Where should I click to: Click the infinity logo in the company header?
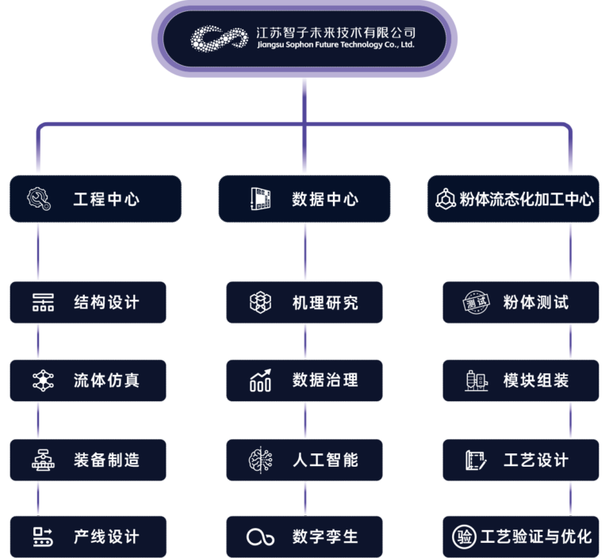tap(221, 38)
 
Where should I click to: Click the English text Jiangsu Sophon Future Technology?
tap(336, 45)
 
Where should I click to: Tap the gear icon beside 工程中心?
tap(39, 198)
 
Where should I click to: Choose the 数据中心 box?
tap(304, 198)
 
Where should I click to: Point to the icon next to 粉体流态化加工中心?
tap(445, 199)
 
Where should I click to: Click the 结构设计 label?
tap(106, 303)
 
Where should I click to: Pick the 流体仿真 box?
tap(88, 380)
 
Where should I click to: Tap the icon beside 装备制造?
tap(43, 459)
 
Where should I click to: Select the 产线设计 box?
tap(88, 537)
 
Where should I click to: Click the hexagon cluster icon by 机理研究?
tap(260, 303)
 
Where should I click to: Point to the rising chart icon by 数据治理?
tap(261, 380)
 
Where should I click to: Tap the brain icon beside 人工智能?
tap(260, 459)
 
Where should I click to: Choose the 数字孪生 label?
tap(325, 537)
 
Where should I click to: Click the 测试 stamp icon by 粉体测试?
tap(477, 303)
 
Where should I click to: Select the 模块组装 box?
tap(521, 380)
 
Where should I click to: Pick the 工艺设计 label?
tap(536, 459)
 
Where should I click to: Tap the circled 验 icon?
tap(465, 537)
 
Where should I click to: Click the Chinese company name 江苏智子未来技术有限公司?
tap(336, 32)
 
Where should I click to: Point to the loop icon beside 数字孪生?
tap(260, 537)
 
